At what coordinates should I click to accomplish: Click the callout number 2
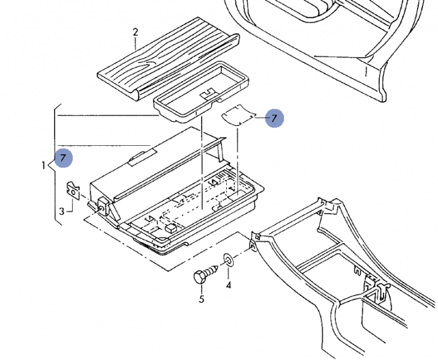136,31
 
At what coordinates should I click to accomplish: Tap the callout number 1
44,164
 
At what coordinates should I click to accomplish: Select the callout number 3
61,211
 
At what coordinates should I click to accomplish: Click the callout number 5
201,299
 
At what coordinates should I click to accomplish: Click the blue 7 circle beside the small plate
274,118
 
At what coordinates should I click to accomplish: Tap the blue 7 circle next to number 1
64,158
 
